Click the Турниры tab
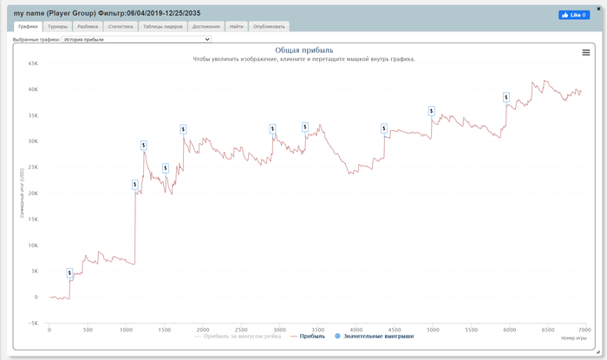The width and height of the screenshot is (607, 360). [x=57, y=27]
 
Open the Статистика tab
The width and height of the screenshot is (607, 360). [x=120, y=27]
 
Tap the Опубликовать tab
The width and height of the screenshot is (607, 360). [x=269, y=27]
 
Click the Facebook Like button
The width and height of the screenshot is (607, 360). [x=573, y=15]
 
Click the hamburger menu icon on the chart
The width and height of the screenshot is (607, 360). [x=586, y=53]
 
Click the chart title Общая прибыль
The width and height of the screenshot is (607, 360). [x=303, y=50]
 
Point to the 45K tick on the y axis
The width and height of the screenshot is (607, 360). [x=33, y=63]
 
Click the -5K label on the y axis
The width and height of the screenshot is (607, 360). [x=33, y=323]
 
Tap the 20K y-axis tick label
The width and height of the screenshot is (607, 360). [x=33, y=193]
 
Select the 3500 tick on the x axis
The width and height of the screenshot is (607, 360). [x=317, y=330]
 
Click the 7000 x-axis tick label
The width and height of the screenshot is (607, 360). [x=585, y=330]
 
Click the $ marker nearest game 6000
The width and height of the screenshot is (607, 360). [x=507, y=97]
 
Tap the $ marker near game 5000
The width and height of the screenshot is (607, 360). [x=432, y=111]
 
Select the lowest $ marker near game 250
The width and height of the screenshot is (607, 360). [x=70, y=273]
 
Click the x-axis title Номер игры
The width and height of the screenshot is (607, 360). [x=574, y=337]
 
